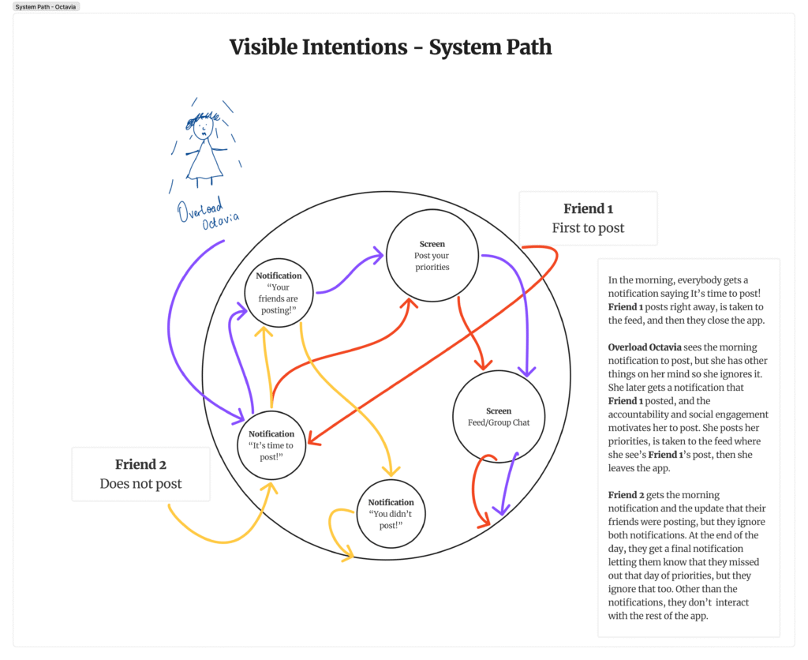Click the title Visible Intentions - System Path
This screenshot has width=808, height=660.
391,47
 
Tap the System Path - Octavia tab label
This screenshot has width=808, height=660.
47,6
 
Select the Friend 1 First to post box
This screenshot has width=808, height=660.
588,218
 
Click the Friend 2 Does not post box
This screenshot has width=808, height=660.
140,474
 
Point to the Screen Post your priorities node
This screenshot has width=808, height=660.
432,255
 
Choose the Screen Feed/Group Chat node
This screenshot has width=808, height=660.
498,417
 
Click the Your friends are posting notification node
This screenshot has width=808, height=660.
279,292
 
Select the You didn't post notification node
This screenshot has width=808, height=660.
391,512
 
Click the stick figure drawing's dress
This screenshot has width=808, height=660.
204,162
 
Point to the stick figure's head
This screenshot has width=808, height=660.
204,126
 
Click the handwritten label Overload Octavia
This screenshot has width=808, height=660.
208,214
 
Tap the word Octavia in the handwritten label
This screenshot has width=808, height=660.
220,222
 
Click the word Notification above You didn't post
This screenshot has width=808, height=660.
391,502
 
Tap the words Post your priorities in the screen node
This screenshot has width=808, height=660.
432,261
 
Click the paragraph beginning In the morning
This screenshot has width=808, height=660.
687,300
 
